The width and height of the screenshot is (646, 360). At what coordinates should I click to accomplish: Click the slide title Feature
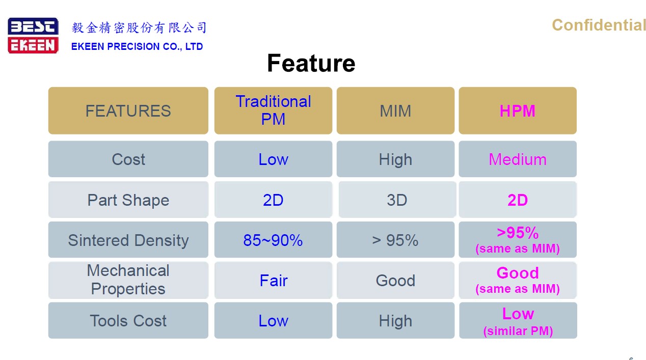311,63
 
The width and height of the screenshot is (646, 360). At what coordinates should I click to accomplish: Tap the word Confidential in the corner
599,25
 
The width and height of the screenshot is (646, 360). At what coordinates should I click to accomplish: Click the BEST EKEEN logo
33,36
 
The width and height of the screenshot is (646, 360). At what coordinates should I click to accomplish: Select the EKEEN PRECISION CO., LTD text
137,46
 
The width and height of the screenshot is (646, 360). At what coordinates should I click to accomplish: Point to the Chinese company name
139,27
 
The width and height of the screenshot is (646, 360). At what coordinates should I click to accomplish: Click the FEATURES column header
128,110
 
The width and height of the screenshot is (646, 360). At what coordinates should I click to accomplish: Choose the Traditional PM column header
273,110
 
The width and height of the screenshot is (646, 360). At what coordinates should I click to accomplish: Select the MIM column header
395,110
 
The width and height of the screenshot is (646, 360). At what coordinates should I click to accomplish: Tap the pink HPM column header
518,110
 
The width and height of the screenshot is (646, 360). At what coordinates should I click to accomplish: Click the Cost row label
128,159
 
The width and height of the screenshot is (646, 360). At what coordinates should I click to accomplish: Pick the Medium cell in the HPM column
518,159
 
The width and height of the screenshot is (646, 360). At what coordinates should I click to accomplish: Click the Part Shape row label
128,200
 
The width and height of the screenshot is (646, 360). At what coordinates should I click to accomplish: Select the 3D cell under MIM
397,200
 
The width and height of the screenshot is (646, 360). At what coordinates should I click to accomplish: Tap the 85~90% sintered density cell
273,239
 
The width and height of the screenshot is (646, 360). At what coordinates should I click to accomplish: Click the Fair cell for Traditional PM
273,280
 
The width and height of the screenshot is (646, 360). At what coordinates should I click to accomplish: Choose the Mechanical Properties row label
128,280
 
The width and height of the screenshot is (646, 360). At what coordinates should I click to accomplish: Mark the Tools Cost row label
128,320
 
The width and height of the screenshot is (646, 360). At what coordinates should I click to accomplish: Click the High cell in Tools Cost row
395,320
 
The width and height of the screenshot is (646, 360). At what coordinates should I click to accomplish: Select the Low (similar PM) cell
518,320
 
